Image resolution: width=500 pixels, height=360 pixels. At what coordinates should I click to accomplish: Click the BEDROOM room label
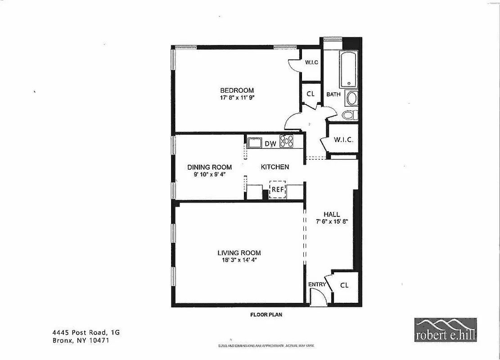point(237,90)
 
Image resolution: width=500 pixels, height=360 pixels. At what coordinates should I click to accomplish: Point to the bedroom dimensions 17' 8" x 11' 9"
point(237,97)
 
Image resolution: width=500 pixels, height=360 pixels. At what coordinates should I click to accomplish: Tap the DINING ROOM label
point(210,167)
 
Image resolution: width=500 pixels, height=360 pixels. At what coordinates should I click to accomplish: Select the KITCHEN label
point(275,167)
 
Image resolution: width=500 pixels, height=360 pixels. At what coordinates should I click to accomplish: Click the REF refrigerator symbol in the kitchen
point(277,189)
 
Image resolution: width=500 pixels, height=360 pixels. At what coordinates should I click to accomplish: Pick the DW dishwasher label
point(270,144)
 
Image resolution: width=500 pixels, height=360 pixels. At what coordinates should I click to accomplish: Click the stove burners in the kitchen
point(287,141)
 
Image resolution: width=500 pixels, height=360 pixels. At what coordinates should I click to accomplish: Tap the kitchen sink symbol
point(255,143)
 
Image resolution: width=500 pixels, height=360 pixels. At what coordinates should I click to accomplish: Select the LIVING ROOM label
point(239,253)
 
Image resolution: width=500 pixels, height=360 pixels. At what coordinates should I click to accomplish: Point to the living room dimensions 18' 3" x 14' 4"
point(239,260)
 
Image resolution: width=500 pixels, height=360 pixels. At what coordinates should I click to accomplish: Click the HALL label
point(332,215)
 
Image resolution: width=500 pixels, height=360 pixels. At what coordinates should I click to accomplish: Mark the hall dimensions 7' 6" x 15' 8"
point(332,221)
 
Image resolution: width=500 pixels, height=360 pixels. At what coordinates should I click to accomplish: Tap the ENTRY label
point(317,284)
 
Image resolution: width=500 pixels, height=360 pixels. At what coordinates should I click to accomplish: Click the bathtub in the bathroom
point(349,70)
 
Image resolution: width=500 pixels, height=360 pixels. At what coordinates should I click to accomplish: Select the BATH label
point(333,94)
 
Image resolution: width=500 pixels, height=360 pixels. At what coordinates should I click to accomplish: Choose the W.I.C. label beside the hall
point(343,139)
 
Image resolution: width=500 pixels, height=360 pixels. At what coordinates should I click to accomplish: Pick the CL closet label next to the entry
point(344,285)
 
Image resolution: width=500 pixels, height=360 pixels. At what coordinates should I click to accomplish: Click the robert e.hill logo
point(445,330)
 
